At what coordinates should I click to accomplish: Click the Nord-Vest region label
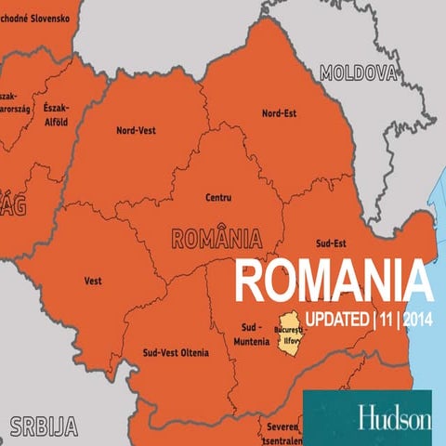(136, 130)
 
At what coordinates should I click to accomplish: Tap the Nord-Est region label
(279, 112)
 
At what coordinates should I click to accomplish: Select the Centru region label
(219, 197)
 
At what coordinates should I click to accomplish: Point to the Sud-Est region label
(331, 243)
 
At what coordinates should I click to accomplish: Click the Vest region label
(93, 280)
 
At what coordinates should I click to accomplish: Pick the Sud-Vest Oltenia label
(176, 353)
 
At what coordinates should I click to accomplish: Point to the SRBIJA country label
(43, 426)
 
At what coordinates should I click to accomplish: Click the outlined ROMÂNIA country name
(216, 237)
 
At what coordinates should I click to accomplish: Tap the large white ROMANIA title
(333, 280)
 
